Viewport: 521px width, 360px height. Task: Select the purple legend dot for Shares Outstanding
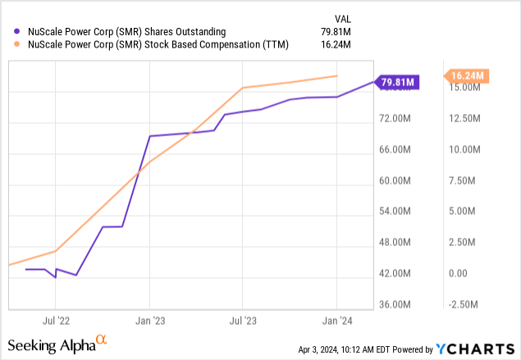click(x=18, y=32)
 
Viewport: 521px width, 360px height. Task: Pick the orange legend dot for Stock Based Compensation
click(x=18, y=46)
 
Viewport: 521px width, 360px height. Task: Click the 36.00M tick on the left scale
click(x=402, y=304)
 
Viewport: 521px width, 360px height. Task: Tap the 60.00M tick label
click(x=402, y=180)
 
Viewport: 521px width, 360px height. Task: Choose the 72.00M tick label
click(x=402, y=119)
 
